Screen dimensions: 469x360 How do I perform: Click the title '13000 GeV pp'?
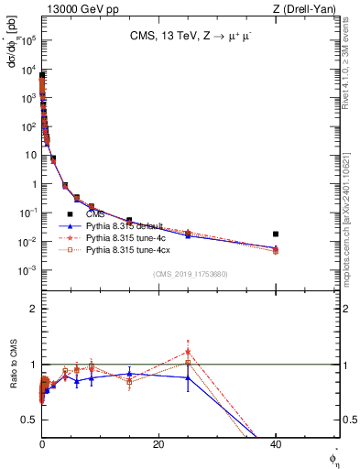[x=75, y=8]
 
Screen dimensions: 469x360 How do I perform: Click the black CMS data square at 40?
[x=276, y=234]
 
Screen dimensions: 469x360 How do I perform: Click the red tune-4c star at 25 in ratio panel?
[x=188, y=351]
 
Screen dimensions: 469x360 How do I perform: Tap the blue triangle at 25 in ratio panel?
[x=188, y=377]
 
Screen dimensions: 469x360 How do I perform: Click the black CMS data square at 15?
[x=129, y=221]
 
